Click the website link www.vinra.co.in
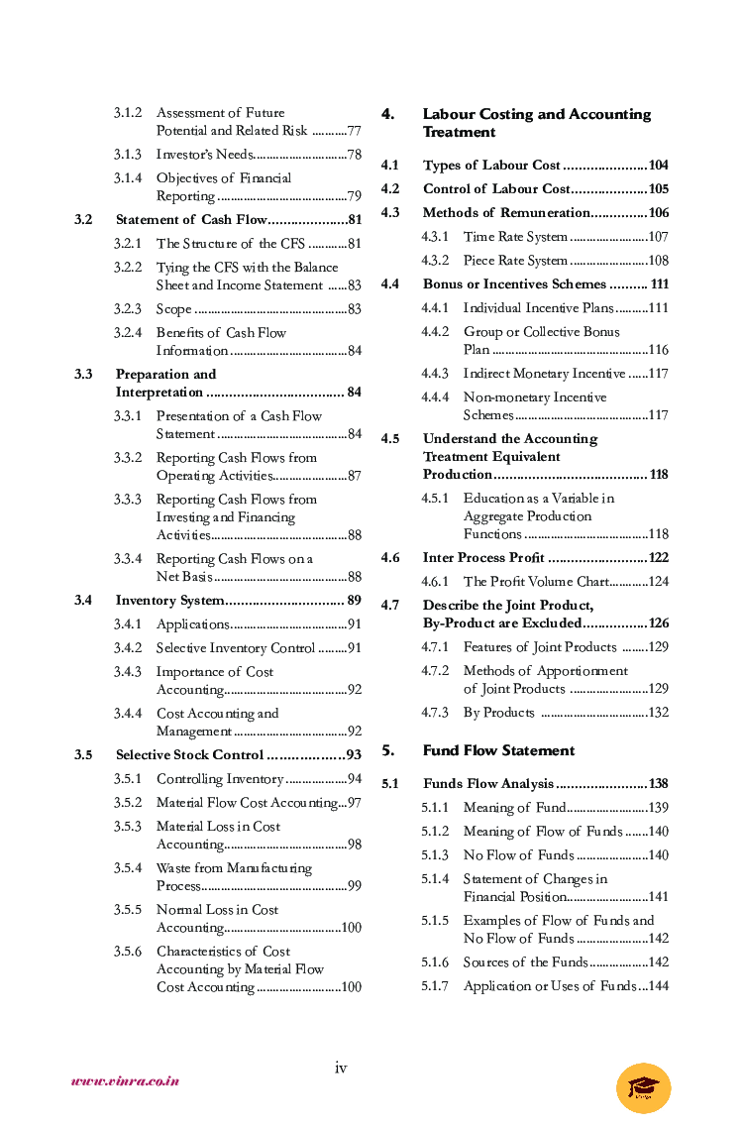[x=125, y=1081]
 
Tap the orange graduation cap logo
[x=643, y=1087]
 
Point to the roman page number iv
[x=341, y=1068]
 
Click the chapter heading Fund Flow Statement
[x=498, y=750]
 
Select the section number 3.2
[x=83, y=219]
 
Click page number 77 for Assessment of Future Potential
[x=354, y=131]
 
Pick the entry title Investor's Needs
[x=204, y=154]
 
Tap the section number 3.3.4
[x=127, y=559]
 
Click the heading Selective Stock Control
[x=189, y=755]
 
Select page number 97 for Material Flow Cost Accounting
[x=354, y=803]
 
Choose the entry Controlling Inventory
[x=220, y=779]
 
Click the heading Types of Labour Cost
[x=491, y=166]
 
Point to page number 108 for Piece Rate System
[x=658, y=261]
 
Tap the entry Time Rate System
[x=515, y=237]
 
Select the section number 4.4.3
[x=435, y=374]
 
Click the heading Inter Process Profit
[x=483, y=558]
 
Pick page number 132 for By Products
[x=658, y=713]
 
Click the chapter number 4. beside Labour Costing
[x=388, y=114]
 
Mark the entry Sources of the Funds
[x=525, y=962]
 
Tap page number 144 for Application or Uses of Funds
[x=658, y=986]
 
